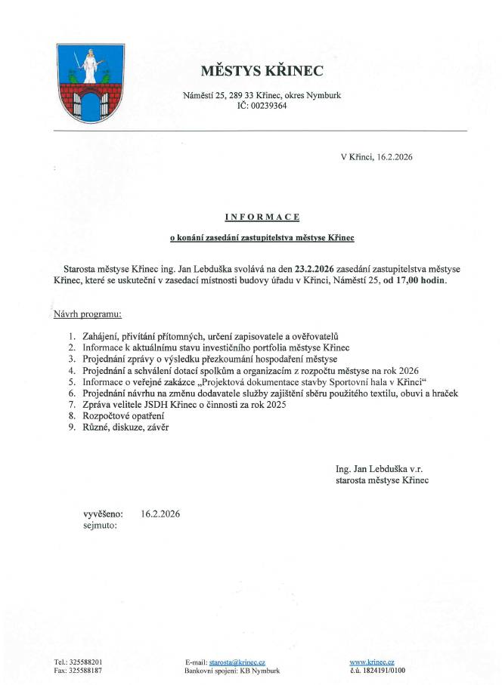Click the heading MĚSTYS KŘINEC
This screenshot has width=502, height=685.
[x=261, y=71]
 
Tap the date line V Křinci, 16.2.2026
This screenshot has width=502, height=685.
[x=376, y=157]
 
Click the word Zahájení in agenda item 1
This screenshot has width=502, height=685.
[x=101, y=335]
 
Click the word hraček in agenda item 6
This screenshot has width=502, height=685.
[x=445, y=393]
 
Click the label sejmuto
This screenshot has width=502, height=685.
[x=101, y=525]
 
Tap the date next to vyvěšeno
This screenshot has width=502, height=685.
[x=160, y=514]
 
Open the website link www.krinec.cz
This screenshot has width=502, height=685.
[x=372, y=661]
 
